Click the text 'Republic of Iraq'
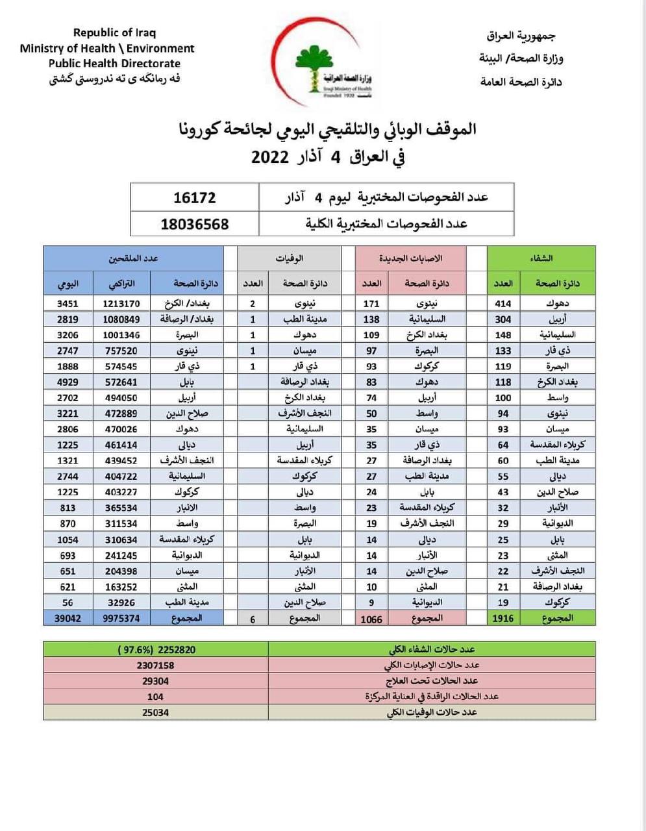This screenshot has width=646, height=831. coord(114,32)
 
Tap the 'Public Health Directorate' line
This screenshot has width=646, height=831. coord(114,64)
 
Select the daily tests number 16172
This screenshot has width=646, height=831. coord(195,197)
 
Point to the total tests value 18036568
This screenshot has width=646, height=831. coord(195,224)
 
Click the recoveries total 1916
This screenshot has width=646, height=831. coord(503,618)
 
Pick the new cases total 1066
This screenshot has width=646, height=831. coord(371,619)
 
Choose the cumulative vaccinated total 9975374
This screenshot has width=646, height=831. coord(121,618)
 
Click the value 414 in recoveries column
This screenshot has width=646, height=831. coord(503,303)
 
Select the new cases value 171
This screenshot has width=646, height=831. coord(371,303)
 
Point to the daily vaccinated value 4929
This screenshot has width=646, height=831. coord(68,382)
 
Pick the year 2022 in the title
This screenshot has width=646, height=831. coord(269,157)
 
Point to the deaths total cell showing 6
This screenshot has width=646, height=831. coord(253,619)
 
